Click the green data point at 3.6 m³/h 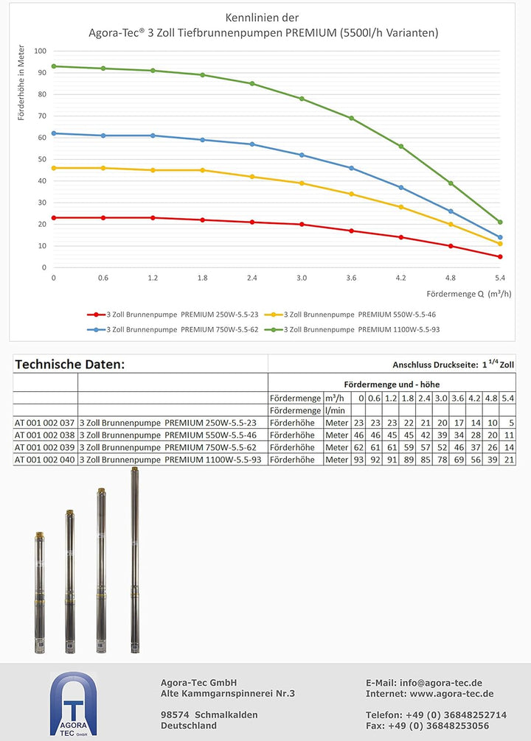351,118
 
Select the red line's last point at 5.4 500,256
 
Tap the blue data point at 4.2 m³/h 401,188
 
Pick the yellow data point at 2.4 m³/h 251,177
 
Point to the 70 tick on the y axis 42,116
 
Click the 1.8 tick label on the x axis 202,278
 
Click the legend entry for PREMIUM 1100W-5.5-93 352,329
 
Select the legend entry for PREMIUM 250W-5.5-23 173,315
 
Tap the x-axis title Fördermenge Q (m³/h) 468,294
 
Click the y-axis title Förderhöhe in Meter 21,82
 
